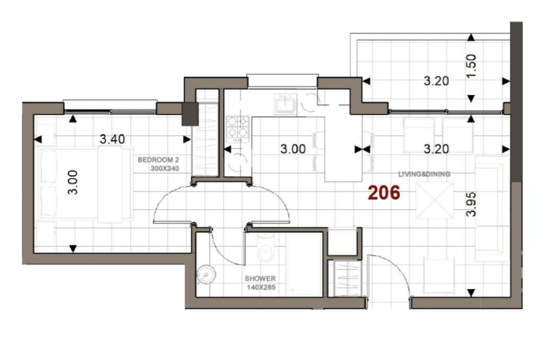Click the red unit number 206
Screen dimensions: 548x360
[384, 193]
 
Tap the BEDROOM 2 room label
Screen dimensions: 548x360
[158, 160]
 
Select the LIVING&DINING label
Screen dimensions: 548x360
[424, 174]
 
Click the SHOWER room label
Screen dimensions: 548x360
[260, 279]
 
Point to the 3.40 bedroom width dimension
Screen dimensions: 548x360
[112, 139]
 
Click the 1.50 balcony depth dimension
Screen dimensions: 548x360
[471, 66]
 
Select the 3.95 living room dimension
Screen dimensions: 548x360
[471, 204]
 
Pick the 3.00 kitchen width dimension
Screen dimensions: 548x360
[293, 149]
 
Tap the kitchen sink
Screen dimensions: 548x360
[286, 104]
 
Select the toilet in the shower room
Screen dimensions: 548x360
[265, 248]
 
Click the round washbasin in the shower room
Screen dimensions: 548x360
[206, 274]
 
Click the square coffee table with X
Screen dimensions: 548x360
[435, 200]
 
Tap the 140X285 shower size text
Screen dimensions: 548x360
[261, 287]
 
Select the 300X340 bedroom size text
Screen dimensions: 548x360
[165, 168]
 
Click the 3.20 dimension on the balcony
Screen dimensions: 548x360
[436, 81]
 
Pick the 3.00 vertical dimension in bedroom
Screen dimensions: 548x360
[72, 182]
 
